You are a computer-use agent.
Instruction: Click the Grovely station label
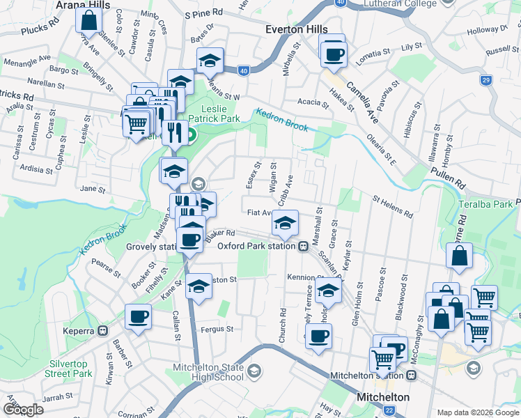coord(151,247)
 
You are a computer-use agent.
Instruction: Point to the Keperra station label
coord(83,330)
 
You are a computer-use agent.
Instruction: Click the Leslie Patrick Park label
coord(220,114)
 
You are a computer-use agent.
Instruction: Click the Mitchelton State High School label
coord(210,373)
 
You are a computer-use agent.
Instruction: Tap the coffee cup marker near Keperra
coord(137,317)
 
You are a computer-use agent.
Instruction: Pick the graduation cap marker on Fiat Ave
coord(284,223)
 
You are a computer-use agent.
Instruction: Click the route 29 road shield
coord(485,80)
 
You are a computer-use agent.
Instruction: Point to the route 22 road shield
coord(388,410)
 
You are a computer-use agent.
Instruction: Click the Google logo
coord(23,410)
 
